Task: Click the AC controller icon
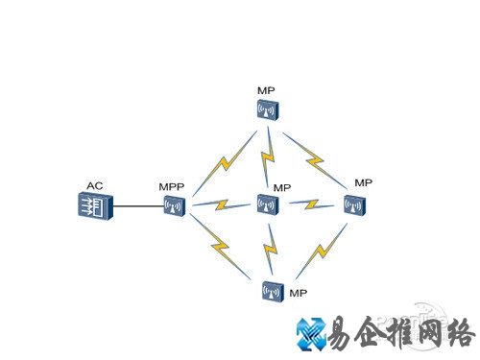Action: [95, 204]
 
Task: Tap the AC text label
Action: [94, 185]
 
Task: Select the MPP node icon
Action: [174, 204]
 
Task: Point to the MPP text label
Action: [170, 185]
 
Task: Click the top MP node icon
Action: [267, 110]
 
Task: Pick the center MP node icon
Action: [267, 204]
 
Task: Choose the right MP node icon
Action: [354, 204]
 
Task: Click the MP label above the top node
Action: [266, 90]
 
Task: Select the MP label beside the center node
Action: [282, 187]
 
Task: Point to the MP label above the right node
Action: [362, 182]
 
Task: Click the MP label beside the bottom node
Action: [298, 293]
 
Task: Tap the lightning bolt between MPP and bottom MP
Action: [221, 249]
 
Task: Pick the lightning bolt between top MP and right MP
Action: [312, 152]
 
